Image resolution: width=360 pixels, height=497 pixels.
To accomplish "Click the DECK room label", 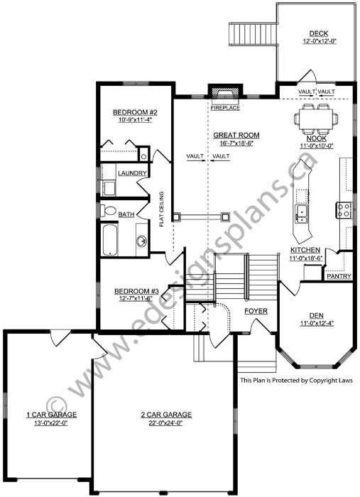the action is (319, 33).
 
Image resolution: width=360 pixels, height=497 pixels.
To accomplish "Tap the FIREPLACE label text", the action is (225, 108).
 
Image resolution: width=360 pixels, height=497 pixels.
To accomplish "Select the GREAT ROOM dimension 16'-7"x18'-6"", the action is (236, 143).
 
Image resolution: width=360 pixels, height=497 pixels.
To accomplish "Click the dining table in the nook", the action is (316, 119).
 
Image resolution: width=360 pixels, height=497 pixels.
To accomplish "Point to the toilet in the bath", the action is (108, 211).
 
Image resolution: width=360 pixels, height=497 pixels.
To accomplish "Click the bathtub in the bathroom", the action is (110, 240).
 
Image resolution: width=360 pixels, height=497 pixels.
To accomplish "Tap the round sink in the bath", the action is (142, 241).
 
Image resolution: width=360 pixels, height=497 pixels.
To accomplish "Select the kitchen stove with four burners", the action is (344, 210).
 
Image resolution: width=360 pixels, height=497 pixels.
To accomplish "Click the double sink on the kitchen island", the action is (301, 214).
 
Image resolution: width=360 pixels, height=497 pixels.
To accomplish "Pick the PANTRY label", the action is (339, 276).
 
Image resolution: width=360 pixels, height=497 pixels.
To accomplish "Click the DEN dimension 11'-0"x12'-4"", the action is (316, 323).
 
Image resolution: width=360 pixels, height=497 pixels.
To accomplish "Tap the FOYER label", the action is (256, 311).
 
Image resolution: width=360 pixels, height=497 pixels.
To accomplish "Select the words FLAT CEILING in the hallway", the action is (162, 209).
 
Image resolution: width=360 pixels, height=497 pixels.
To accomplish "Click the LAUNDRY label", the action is (132, 173).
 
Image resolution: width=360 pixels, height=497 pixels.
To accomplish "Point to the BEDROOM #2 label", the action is (136, 112).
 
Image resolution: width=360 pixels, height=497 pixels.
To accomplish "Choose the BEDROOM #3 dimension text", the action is (136, 298).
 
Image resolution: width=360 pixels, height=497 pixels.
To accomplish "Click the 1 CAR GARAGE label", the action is (51, 414).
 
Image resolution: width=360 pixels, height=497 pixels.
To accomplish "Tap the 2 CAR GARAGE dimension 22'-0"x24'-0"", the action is (166, 423).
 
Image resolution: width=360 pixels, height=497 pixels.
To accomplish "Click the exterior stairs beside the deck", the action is (253, 35).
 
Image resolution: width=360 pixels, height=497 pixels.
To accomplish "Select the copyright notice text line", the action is (297, 380).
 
